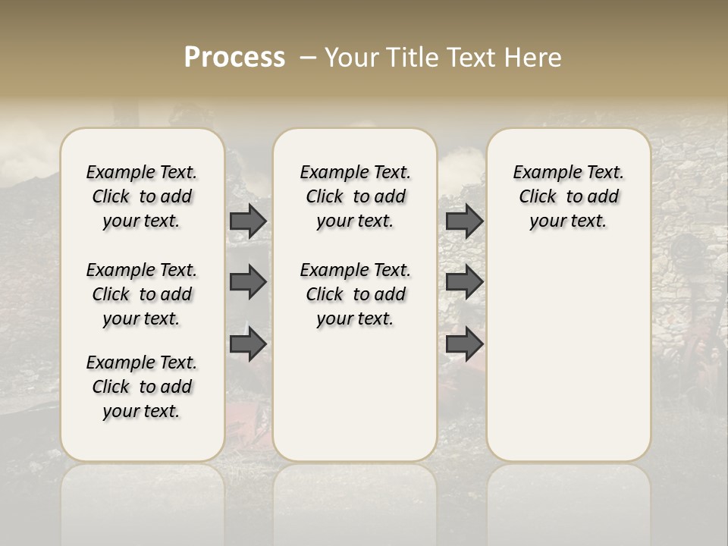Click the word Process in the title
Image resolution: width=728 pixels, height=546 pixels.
[234, 58]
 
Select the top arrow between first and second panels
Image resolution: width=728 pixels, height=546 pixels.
[248, 221]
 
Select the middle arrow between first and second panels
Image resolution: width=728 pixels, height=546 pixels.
[248, 282]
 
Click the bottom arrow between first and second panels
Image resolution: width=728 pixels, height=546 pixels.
[248, 344]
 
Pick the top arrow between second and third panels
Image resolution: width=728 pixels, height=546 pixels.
[464, 221]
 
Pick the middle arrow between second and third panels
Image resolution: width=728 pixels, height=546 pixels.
[464, 282]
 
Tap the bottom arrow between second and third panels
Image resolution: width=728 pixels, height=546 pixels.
[464, 344]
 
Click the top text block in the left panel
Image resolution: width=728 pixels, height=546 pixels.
[142, 196]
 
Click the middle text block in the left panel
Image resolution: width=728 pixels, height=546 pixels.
[142, 294]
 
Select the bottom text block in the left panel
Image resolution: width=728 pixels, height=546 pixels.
[142, 387]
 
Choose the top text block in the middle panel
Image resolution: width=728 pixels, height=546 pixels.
[355, 196]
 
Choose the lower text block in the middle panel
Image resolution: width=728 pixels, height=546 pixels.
[355, 294]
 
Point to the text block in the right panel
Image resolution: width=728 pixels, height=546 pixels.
[569, 196]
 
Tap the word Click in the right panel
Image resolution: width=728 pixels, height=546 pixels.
[538, 197]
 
